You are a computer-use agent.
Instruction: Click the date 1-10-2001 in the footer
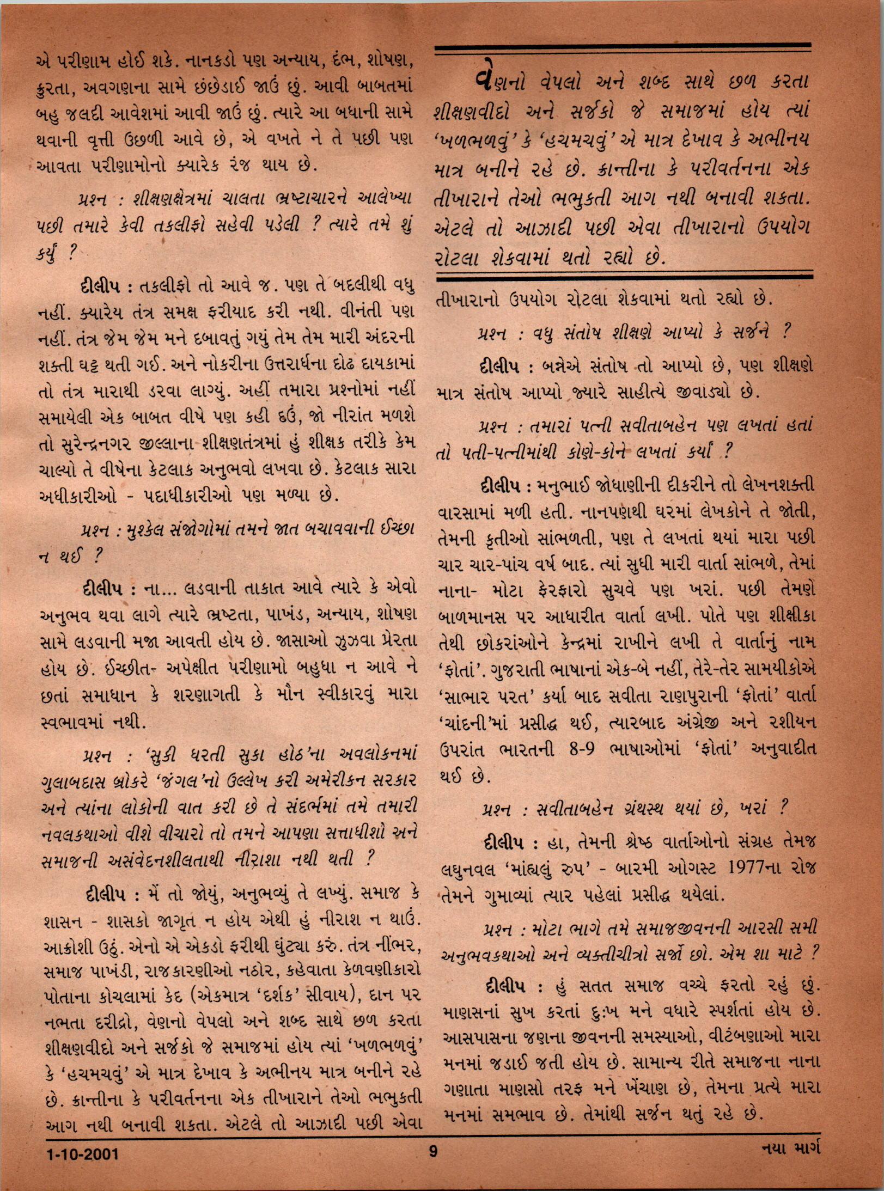[x=82, y=1166]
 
